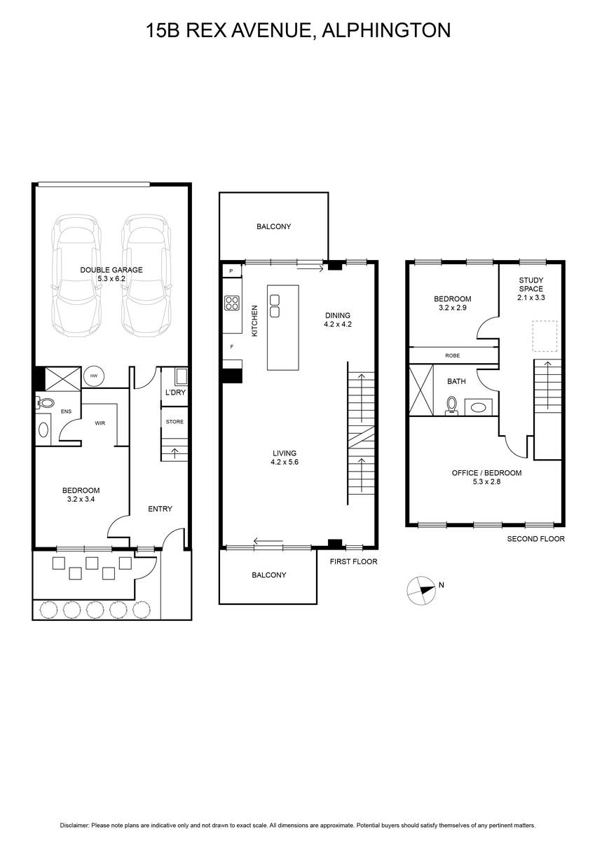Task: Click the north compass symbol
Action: click(x=421, y=591)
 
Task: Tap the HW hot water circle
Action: click(x=93, y=376)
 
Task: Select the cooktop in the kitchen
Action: click(x=232, y=303)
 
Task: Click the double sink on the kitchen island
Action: click(x=275, y=306)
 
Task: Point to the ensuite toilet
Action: click(x=46, y=403)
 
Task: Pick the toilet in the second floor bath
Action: click(x=451, y=406)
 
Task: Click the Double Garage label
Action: click(x=111, y=270)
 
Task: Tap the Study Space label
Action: click(x=531, y=285)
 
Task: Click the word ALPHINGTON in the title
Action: click(x=387, y=30)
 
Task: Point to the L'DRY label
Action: click(x=175, y=392)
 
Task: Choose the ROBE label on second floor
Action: click(x=452, y=355)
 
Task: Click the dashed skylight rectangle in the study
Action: click(x=545, y=336)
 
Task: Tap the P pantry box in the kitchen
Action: click(x=231, y=271)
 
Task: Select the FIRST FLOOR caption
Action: click(x=353, y=561)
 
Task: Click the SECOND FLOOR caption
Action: click(x=535, y=539)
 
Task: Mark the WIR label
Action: click(x=100, y=423)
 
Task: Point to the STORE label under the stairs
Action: click(x=175, y=422)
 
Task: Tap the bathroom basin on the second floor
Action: click(x=478, y=407)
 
